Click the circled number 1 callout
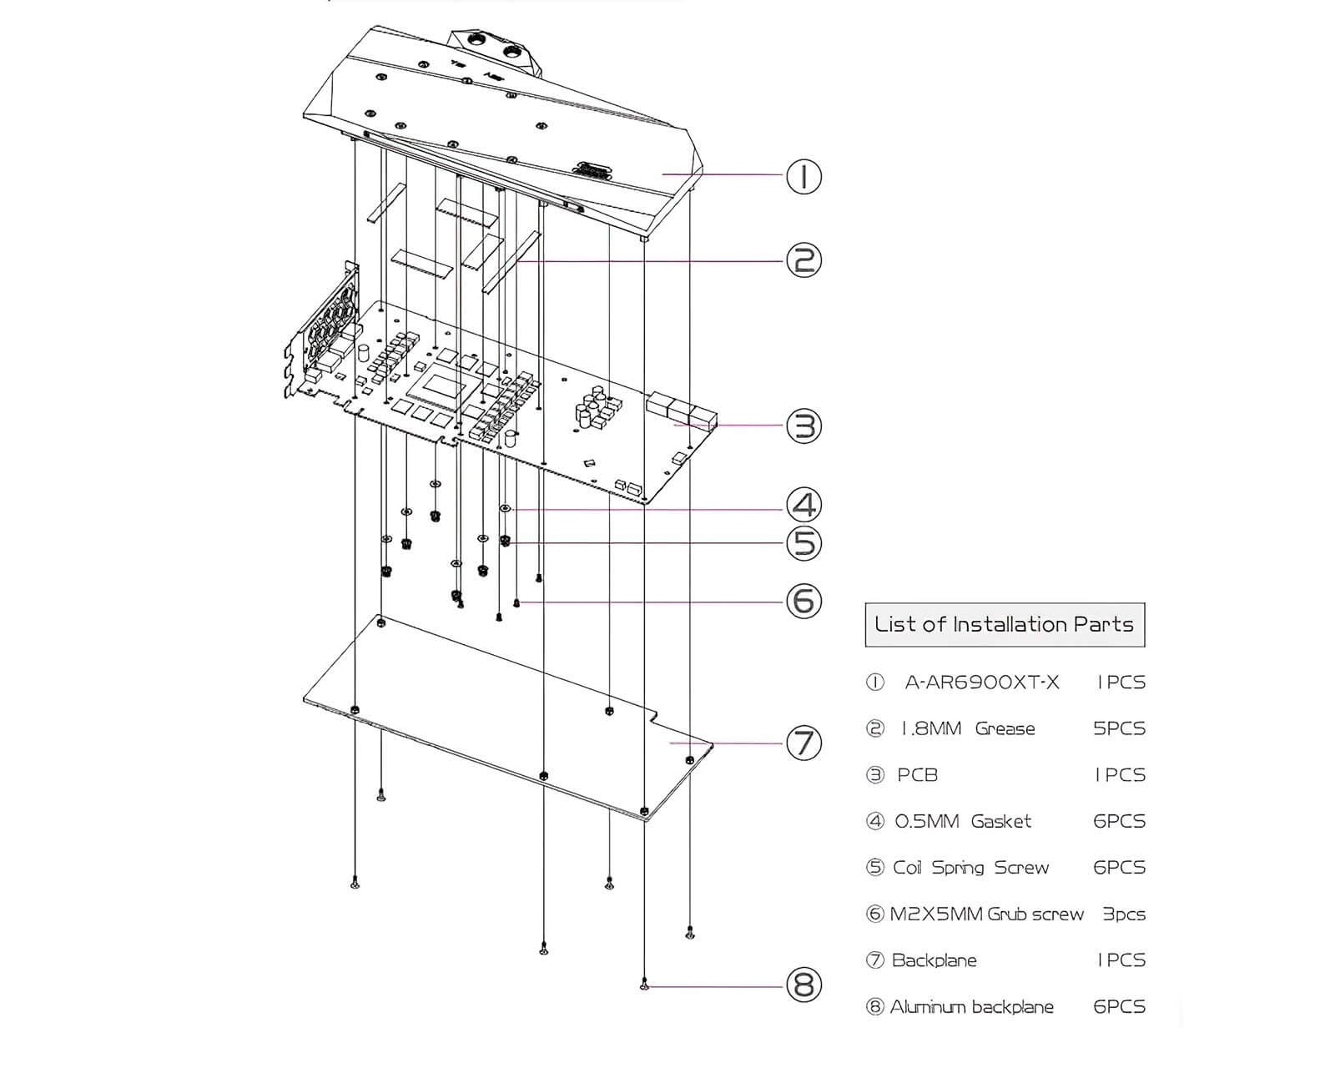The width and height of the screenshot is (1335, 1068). [804, 177]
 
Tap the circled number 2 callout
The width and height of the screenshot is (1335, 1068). [804, 260]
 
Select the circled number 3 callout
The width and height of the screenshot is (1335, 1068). [804, 426]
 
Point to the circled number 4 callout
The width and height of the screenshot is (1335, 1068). [804, 506]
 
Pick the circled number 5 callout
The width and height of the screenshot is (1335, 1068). [804, 544]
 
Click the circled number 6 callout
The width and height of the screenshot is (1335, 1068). [804, 601]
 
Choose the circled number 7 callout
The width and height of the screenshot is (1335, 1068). [804, 743]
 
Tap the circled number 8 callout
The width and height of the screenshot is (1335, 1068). [804, 986]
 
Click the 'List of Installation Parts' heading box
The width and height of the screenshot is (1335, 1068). [1005, 625]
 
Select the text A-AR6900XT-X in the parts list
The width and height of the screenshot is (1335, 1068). [982, 683]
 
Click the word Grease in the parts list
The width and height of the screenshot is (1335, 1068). [1005, 729]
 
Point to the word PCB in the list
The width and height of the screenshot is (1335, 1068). [918, 775]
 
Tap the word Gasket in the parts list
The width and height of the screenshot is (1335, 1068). [1001, 822]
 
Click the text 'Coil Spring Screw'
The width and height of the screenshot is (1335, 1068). [970, 868]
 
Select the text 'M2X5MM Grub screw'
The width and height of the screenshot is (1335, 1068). [986, 914]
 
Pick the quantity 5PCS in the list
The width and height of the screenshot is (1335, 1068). [1119, 729]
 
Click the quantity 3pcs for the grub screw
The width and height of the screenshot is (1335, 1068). [1124, 914]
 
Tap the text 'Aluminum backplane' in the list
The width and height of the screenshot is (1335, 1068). [971, 1007]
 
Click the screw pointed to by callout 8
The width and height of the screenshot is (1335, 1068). [644, 986]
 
